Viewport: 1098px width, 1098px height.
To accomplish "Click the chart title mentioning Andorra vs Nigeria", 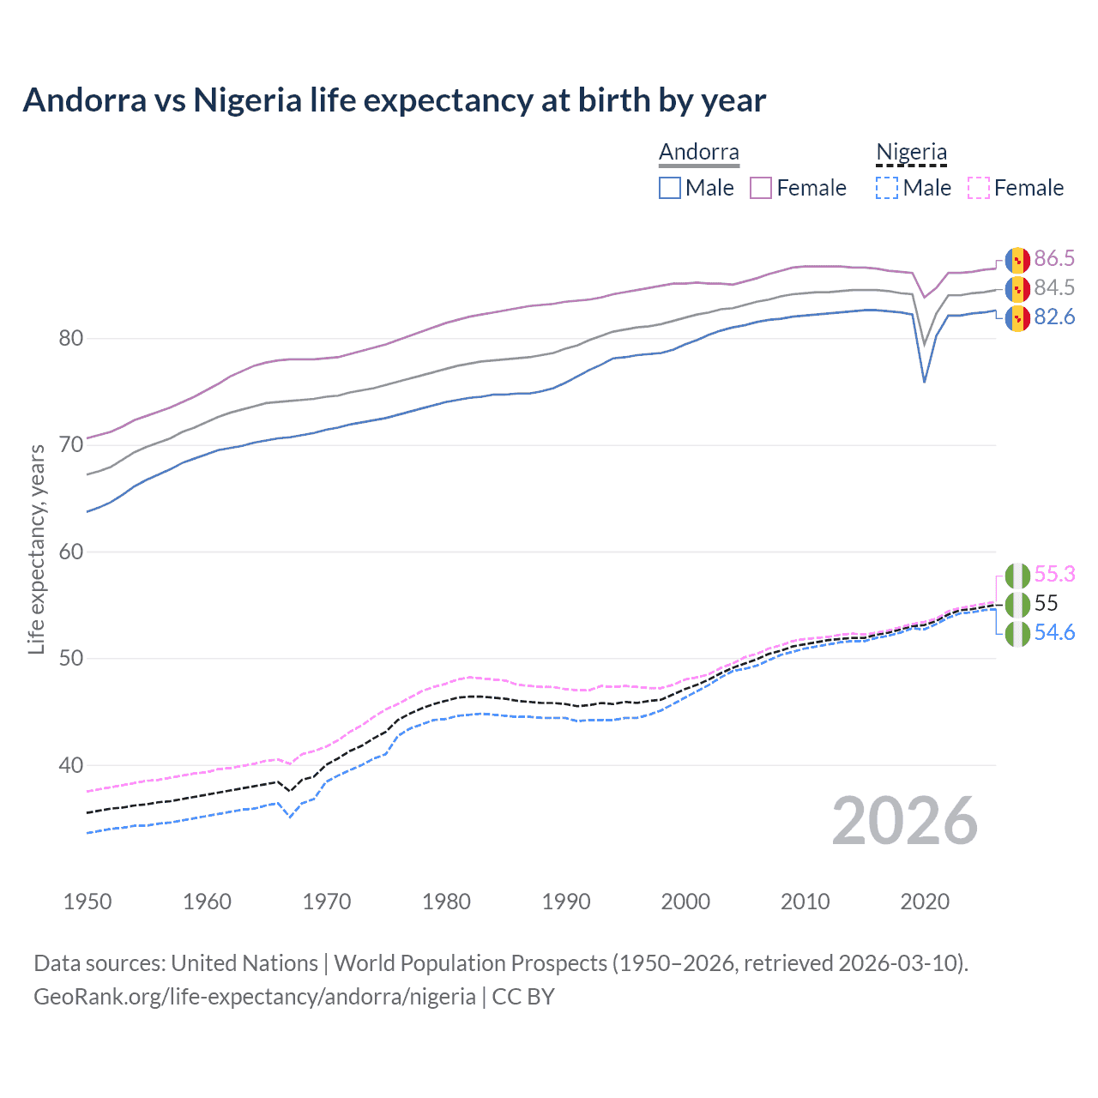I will click(394, 100).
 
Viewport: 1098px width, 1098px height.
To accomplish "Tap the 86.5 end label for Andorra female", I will click(1053, 258).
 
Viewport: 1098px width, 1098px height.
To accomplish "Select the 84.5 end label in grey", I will click(1053, 287).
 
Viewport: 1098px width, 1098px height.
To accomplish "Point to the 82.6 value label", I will click(1053, 317).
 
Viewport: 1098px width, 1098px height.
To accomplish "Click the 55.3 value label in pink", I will click(1053, 574).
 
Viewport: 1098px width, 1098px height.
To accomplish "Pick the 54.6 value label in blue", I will click(1053, 632).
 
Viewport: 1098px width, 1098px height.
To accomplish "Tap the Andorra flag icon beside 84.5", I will click(1017, 288).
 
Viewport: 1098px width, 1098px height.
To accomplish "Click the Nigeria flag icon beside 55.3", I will click(1017, 575).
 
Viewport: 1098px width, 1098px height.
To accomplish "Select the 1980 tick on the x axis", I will click(446, 902).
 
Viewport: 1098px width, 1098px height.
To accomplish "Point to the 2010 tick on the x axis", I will click(805, 902).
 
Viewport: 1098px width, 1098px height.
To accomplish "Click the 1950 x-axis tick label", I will click(87, 902).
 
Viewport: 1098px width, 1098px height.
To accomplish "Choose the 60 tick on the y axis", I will click(71, 552).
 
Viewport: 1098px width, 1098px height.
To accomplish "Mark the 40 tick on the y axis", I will click(71, 765).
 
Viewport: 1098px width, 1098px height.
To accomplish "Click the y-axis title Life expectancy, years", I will click(36, 549).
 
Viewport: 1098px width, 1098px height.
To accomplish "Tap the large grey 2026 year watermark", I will click(904, 821).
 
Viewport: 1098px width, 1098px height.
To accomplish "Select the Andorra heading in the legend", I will click(698, 153).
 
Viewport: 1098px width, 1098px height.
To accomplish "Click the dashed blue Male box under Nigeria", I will click(887, 188).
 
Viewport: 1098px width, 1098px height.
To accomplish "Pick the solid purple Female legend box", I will click(761, 188).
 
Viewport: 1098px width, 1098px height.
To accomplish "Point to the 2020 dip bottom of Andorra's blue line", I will click(924, 381).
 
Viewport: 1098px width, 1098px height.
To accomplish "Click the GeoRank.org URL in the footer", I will click(254, 997).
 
